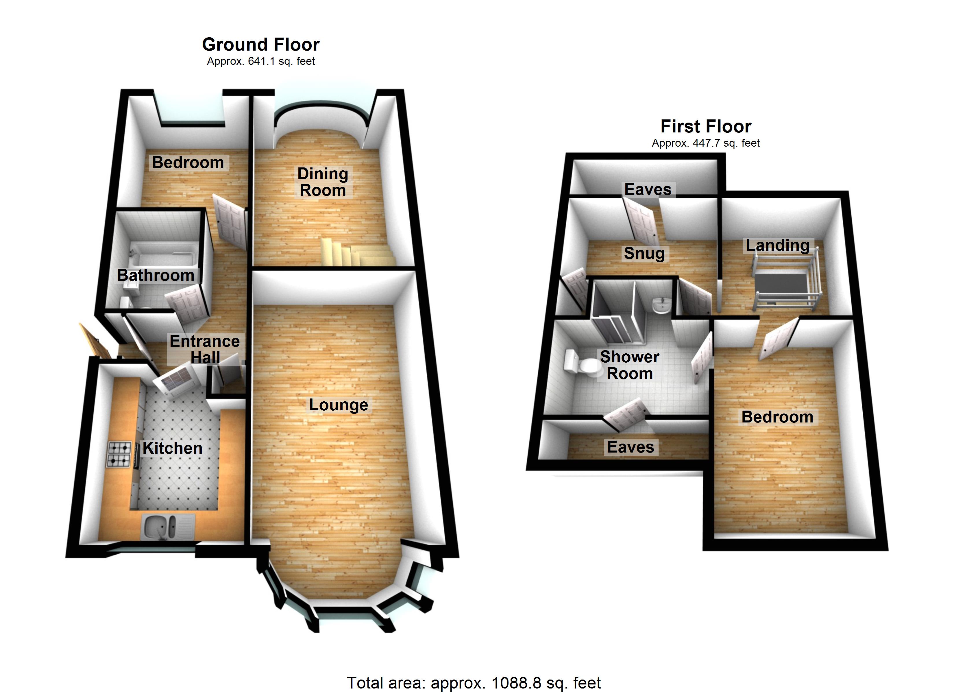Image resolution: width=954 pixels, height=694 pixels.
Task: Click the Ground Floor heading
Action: point(261,45)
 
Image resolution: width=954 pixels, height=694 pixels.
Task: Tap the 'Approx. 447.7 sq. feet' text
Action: point(705,143)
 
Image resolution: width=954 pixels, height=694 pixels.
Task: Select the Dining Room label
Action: point(323,182)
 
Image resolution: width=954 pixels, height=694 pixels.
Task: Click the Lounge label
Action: point(338,405)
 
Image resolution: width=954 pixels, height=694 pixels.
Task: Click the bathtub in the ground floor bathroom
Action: point(162,255)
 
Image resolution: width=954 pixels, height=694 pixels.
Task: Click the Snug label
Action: point(644,253)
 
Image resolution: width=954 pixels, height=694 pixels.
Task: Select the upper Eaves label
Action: point(648,189)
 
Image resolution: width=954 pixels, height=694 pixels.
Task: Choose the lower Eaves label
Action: point(630,447)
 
